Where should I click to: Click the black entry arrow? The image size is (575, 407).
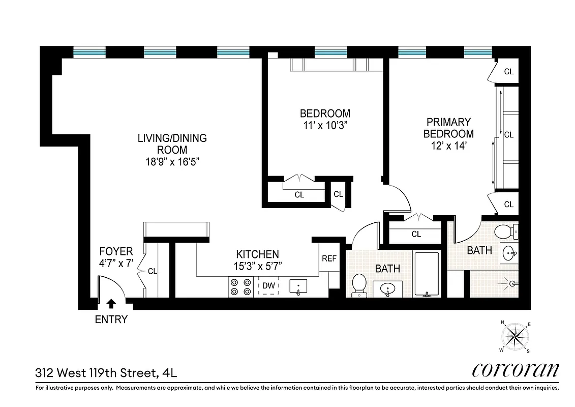click(x=111, y=304)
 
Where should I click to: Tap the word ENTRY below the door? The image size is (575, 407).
click(x=111, y=320)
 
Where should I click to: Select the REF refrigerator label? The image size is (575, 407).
click(x=329, y=258)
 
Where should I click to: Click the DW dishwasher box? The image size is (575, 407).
click(x=268, y=286)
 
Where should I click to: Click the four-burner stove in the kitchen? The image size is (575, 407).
click(x=240, y=287)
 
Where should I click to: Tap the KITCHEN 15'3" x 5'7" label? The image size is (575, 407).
click(x=257, y=259)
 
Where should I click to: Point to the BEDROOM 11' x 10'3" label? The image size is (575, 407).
click(x=325, y=119)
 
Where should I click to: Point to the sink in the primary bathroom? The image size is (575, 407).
click(x=509, y=252)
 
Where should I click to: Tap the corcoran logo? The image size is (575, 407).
click(x=516, y=370)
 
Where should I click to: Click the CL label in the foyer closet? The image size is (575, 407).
click(x=153, y=272)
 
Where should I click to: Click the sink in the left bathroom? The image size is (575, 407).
click(x=388, y=289)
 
